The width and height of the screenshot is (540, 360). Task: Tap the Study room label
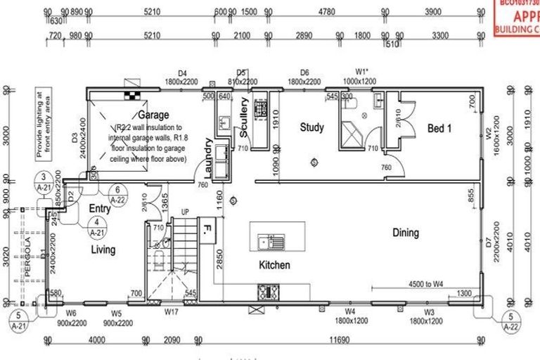(311, 127)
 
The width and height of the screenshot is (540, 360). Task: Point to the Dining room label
(406, 233)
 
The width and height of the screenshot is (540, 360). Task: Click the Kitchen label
(275, 265)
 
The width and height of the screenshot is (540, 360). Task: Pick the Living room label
(103, 250)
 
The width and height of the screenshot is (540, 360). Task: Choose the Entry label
(100, 209)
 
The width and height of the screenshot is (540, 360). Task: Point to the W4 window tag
(349, 310)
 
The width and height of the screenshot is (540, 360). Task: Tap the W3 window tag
(430, 310)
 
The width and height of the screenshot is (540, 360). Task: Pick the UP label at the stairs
(185, 211)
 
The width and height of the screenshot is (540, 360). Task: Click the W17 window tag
(172, 310)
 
